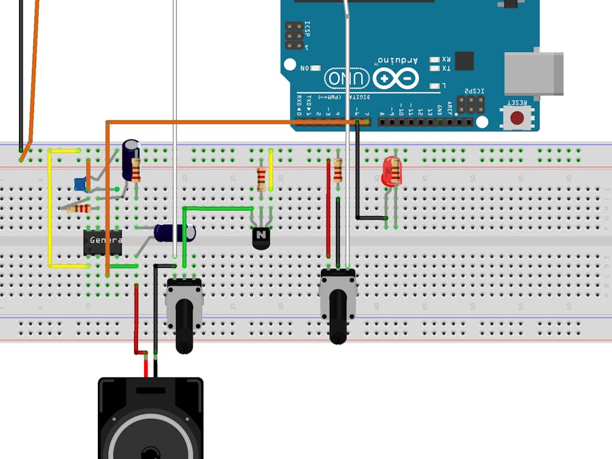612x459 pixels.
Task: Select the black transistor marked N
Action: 261,237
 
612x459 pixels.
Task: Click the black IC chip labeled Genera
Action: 103,241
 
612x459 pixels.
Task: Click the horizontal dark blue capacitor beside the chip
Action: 173,233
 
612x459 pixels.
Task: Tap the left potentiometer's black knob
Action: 184,327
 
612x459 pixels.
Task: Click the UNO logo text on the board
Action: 347,79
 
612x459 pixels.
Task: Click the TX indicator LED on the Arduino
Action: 435,69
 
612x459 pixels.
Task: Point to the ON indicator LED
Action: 315,68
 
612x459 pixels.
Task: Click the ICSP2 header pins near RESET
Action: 471,104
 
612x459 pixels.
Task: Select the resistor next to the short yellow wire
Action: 262,178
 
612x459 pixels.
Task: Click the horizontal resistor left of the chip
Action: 79,209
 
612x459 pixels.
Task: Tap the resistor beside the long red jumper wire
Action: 337,171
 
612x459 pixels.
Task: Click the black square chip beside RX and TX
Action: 464,61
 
